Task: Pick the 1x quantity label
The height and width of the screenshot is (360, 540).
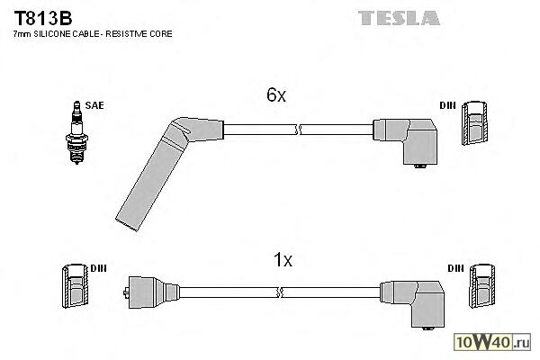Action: click(283, 261)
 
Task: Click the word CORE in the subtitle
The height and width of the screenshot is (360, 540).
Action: click(162, 33)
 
